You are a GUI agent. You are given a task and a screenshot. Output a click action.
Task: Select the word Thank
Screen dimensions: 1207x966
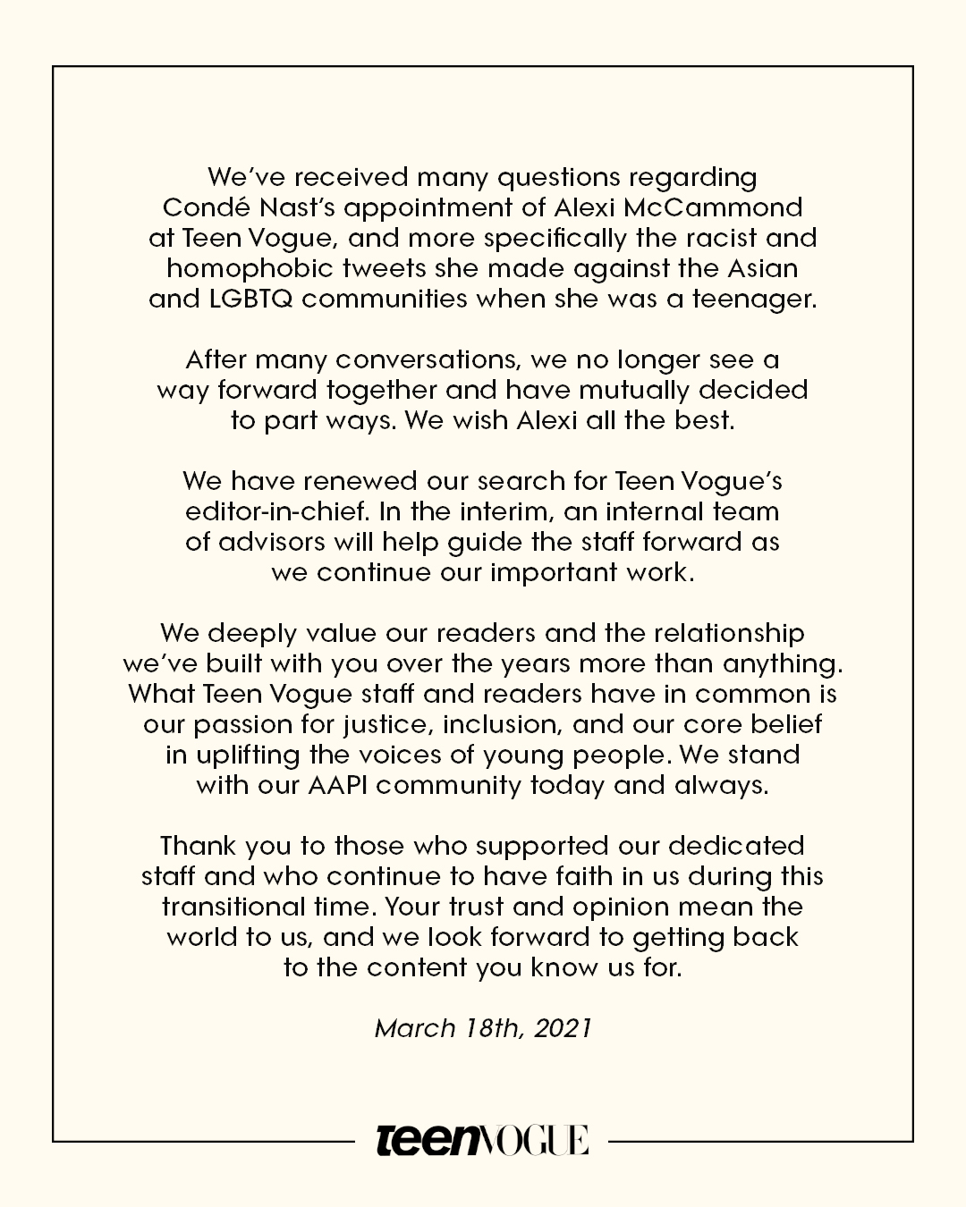198,846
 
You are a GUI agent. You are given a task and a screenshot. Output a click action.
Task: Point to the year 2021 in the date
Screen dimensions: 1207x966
563,1028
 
